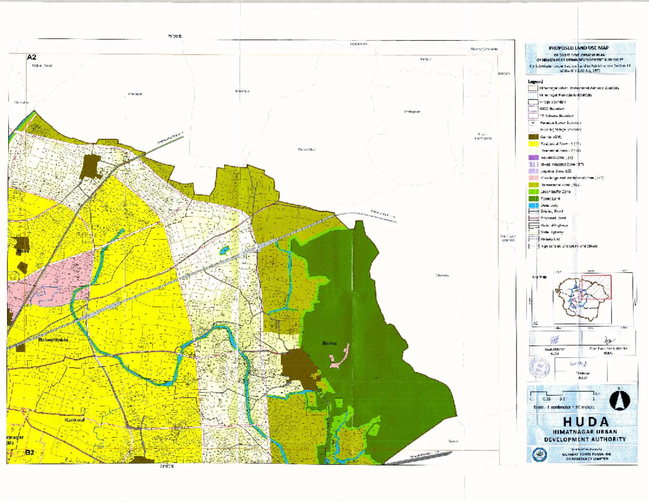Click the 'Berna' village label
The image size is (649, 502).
[329, 343]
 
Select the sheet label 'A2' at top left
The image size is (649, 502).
[31, 57]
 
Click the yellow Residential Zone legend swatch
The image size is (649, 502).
[533, 145]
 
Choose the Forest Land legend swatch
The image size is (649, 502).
[533, 199]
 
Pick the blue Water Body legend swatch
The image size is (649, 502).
[533, 205]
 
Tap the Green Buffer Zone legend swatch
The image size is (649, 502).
[533, 192]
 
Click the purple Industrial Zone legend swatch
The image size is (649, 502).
[533, 158]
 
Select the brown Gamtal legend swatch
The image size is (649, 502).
[533, 138]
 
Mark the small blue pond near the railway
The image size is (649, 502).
[224, 250]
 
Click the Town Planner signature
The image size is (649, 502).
[554, 340]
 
